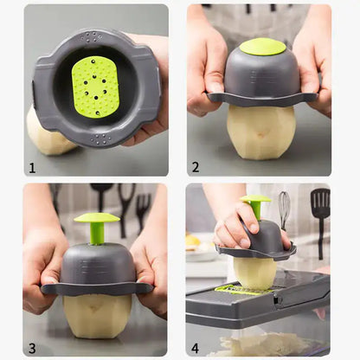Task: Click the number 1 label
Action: click(32, 166)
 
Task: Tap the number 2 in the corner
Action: click(196, 166)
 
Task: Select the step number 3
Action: click(32, 348)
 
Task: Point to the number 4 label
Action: click(196, 348)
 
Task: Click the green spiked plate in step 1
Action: click(96, 87)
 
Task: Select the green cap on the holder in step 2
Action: click(261, 47)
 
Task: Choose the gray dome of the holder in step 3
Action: click(96, 264)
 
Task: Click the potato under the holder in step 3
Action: click(97, 315)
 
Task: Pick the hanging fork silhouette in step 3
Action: click(143, 209)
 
